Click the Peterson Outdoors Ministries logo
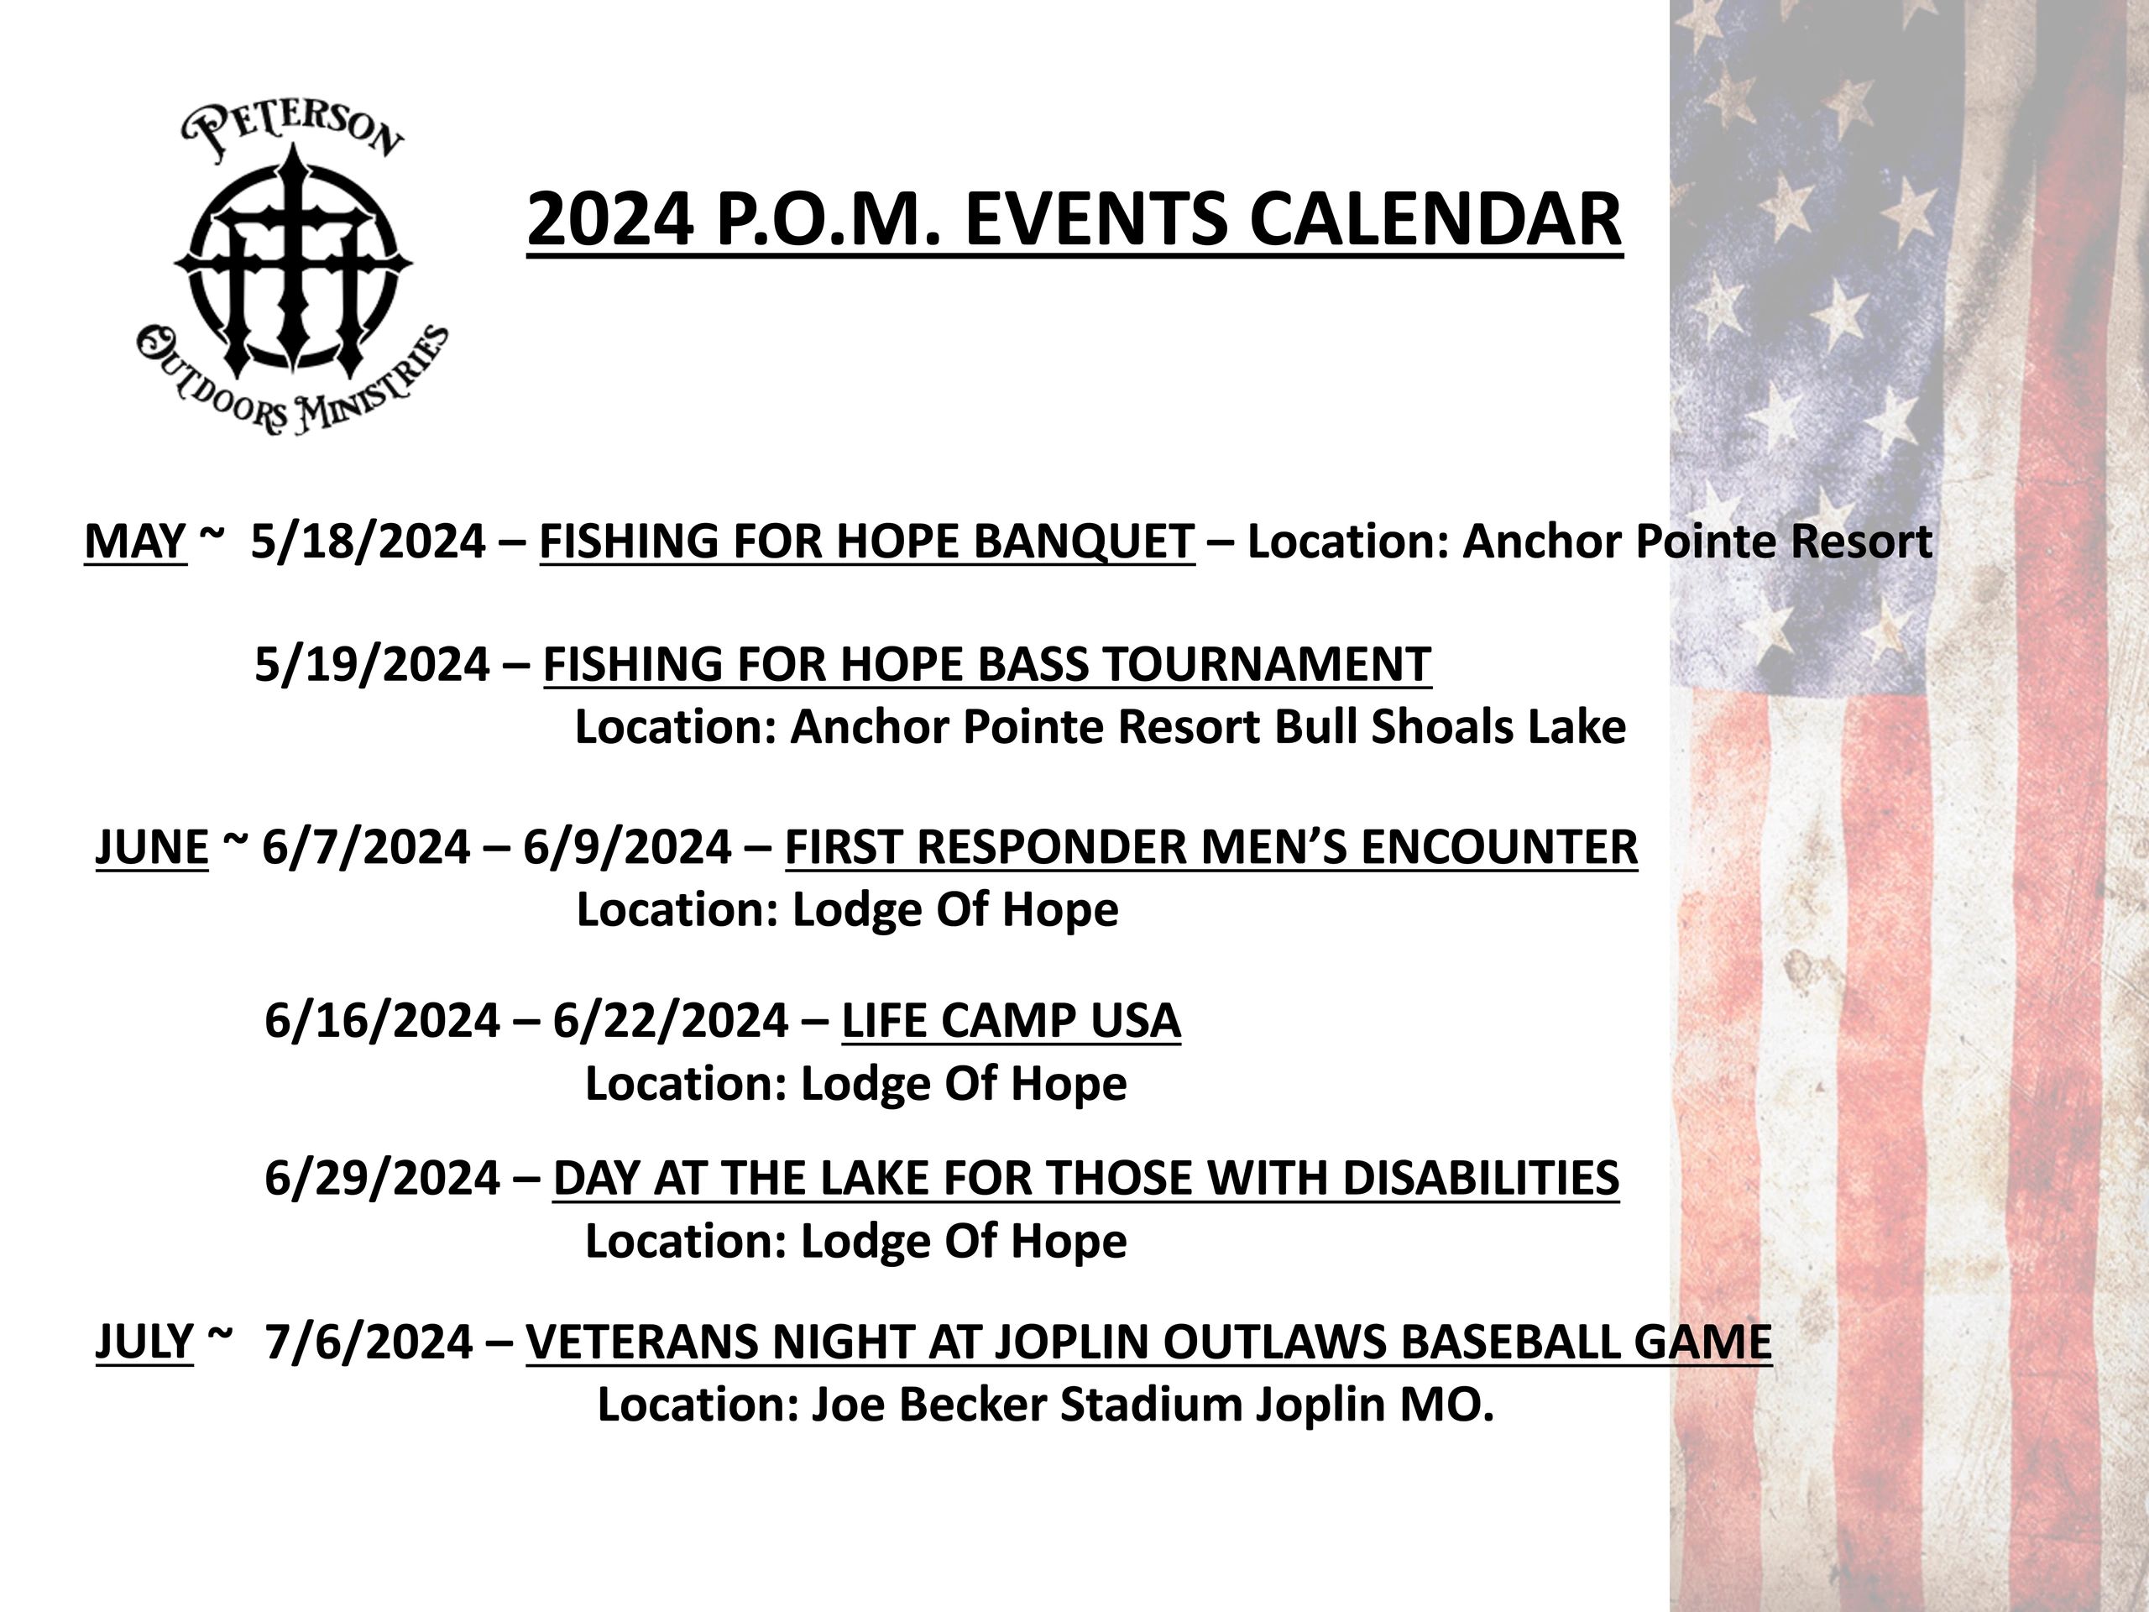coord(291,268)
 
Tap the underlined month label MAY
coord(135,542)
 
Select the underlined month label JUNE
coord(152,846)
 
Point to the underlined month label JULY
coord(144,1342)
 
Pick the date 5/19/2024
coord(372,665)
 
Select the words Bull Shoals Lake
coord(1451,727)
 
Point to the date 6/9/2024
coord(626,846)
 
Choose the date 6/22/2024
coord(671,1020)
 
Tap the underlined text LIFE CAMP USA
coord(1012,1020)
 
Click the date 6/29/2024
coord(383,1178)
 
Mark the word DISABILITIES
coord(1480,1178)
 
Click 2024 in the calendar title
coord(610,220)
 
